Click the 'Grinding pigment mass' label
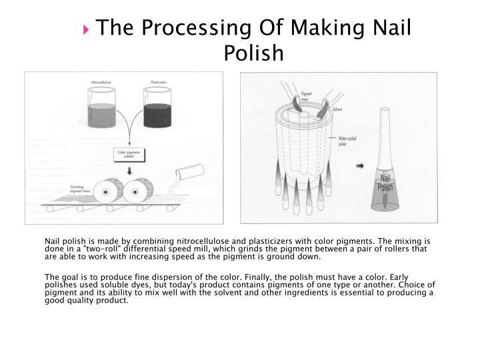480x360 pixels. pyautogui.click(x=81, y=188)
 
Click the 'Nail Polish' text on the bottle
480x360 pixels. pyautogui.click(x=385, y=181)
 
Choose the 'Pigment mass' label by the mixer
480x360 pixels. pyautogui.click(x=307, y=96)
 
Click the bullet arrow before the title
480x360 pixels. pyautogui.click(x=89, y=29)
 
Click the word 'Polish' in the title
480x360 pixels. pyautogui.click(x=253, y=53)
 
